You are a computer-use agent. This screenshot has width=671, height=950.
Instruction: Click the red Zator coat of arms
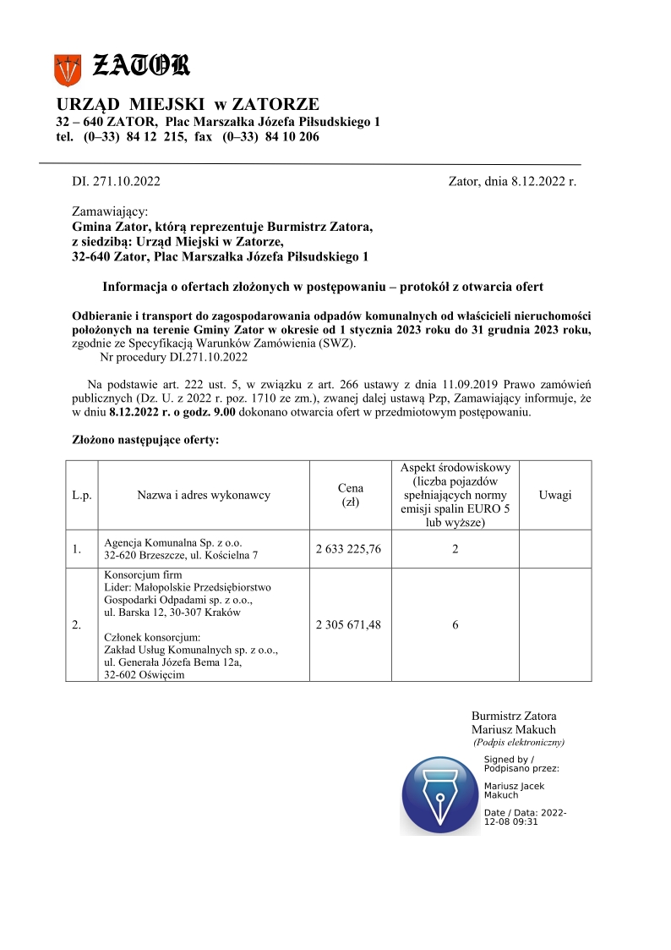pos(67,69)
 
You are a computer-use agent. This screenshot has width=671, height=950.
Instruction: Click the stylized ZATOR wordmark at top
pos(140,65)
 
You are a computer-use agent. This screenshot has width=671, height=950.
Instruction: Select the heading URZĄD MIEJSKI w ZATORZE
pos(188,105)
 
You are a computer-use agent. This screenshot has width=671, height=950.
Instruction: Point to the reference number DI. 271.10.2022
pos(116,181)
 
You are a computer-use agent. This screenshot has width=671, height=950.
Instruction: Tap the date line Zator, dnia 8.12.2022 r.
pos(512,181)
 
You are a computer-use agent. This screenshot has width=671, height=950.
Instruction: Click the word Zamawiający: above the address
pos(110,211)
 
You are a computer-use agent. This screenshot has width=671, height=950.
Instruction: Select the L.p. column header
pos(82,495)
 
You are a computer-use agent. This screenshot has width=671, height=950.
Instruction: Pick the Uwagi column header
pos(554,495)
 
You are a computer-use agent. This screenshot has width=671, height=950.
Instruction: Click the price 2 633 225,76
pos(348,549)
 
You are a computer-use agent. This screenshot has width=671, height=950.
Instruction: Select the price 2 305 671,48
pos(348,624)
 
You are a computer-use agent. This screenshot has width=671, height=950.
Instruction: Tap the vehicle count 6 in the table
pos(456,624)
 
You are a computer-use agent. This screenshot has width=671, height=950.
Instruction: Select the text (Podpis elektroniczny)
pos(518,742)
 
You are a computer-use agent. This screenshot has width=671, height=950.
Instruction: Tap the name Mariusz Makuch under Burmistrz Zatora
pos(514,729)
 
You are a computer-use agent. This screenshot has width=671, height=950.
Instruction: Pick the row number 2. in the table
pos(77,625)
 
